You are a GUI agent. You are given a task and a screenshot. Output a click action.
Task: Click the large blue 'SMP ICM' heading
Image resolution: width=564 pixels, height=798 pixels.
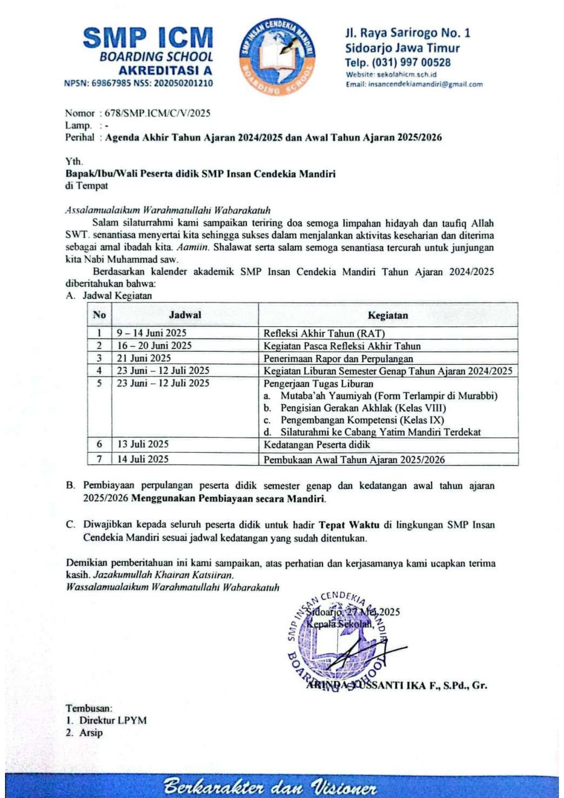(x=148, y=38)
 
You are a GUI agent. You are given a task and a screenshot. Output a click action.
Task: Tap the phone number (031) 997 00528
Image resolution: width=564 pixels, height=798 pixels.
(x=398, y=62)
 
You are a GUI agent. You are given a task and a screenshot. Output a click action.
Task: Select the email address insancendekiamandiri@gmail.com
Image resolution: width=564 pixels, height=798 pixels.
(x=414, y=84)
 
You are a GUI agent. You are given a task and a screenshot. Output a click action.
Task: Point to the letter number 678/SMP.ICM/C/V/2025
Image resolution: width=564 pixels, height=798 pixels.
(x=157, y=113)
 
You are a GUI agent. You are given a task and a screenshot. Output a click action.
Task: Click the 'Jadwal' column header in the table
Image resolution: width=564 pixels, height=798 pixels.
(x=185, y=315)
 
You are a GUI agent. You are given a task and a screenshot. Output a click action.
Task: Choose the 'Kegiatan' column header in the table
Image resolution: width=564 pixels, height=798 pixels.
(x=388, y=315)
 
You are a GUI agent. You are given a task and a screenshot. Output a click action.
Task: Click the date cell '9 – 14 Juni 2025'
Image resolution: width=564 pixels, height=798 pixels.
(x=151, y=333)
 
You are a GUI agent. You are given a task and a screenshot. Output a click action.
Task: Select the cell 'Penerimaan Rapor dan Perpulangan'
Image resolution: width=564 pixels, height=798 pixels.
(x=338, y=358)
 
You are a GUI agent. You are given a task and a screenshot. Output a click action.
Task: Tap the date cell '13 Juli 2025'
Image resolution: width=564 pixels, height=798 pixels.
(x=143, y=444)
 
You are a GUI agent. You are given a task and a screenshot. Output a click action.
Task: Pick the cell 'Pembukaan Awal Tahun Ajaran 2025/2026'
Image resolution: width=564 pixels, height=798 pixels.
(x=354, y=459)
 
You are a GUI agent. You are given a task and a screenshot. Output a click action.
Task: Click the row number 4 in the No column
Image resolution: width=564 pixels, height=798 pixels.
(x=99, y=371)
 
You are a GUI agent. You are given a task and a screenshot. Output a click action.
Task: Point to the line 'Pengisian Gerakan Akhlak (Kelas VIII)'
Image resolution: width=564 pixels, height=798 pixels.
(x=363, y=408)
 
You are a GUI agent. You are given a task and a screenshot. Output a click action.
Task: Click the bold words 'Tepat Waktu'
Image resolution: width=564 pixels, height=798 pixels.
(x=349, y=525)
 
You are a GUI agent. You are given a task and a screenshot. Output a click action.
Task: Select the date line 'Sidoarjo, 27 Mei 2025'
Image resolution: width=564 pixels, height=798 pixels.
(x=353, y=612)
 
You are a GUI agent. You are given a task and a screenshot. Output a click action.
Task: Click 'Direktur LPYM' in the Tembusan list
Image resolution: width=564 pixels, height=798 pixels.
(x=113, y=720)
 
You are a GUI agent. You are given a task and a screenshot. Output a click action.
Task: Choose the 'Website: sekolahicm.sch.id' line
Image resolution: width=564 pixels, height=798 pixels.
(x=391, y=75)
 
